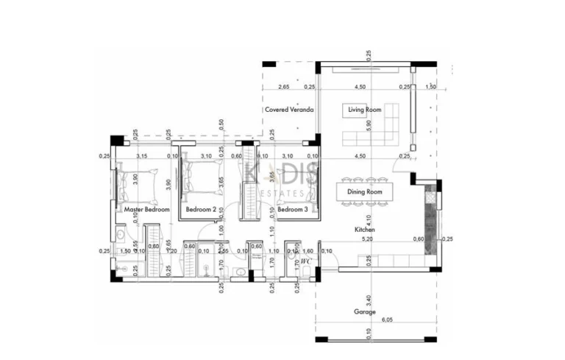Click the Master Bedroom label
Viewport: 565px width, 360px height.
click(147, 210)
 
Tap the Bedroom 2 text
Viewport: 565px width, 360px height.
click(201, 210)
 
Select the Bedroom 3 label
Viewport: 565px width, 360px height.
click(292, 210)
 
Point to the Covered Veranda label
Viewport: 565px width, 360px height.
click(290, 110)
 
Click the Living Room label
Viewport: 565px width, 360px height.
click(365, 110)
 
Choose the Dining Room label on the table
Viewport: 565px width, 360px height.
click(365, 192)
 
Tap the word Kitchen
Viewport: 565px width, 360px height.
click(366, 230)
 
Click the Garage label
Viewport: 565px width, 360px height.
click(365, 311)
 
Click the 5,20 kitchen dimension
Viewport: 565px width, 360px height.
click(367, 239)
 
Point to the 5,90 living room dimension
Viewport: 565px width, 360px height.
click(369, 127)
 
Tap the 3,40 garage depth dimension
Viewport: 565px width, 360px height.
click(369, 300)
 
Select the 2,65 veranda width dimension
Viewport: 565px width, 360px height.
click(283, 87)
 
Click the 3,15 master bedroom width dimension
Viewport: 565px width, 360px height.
click(143, 156)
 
